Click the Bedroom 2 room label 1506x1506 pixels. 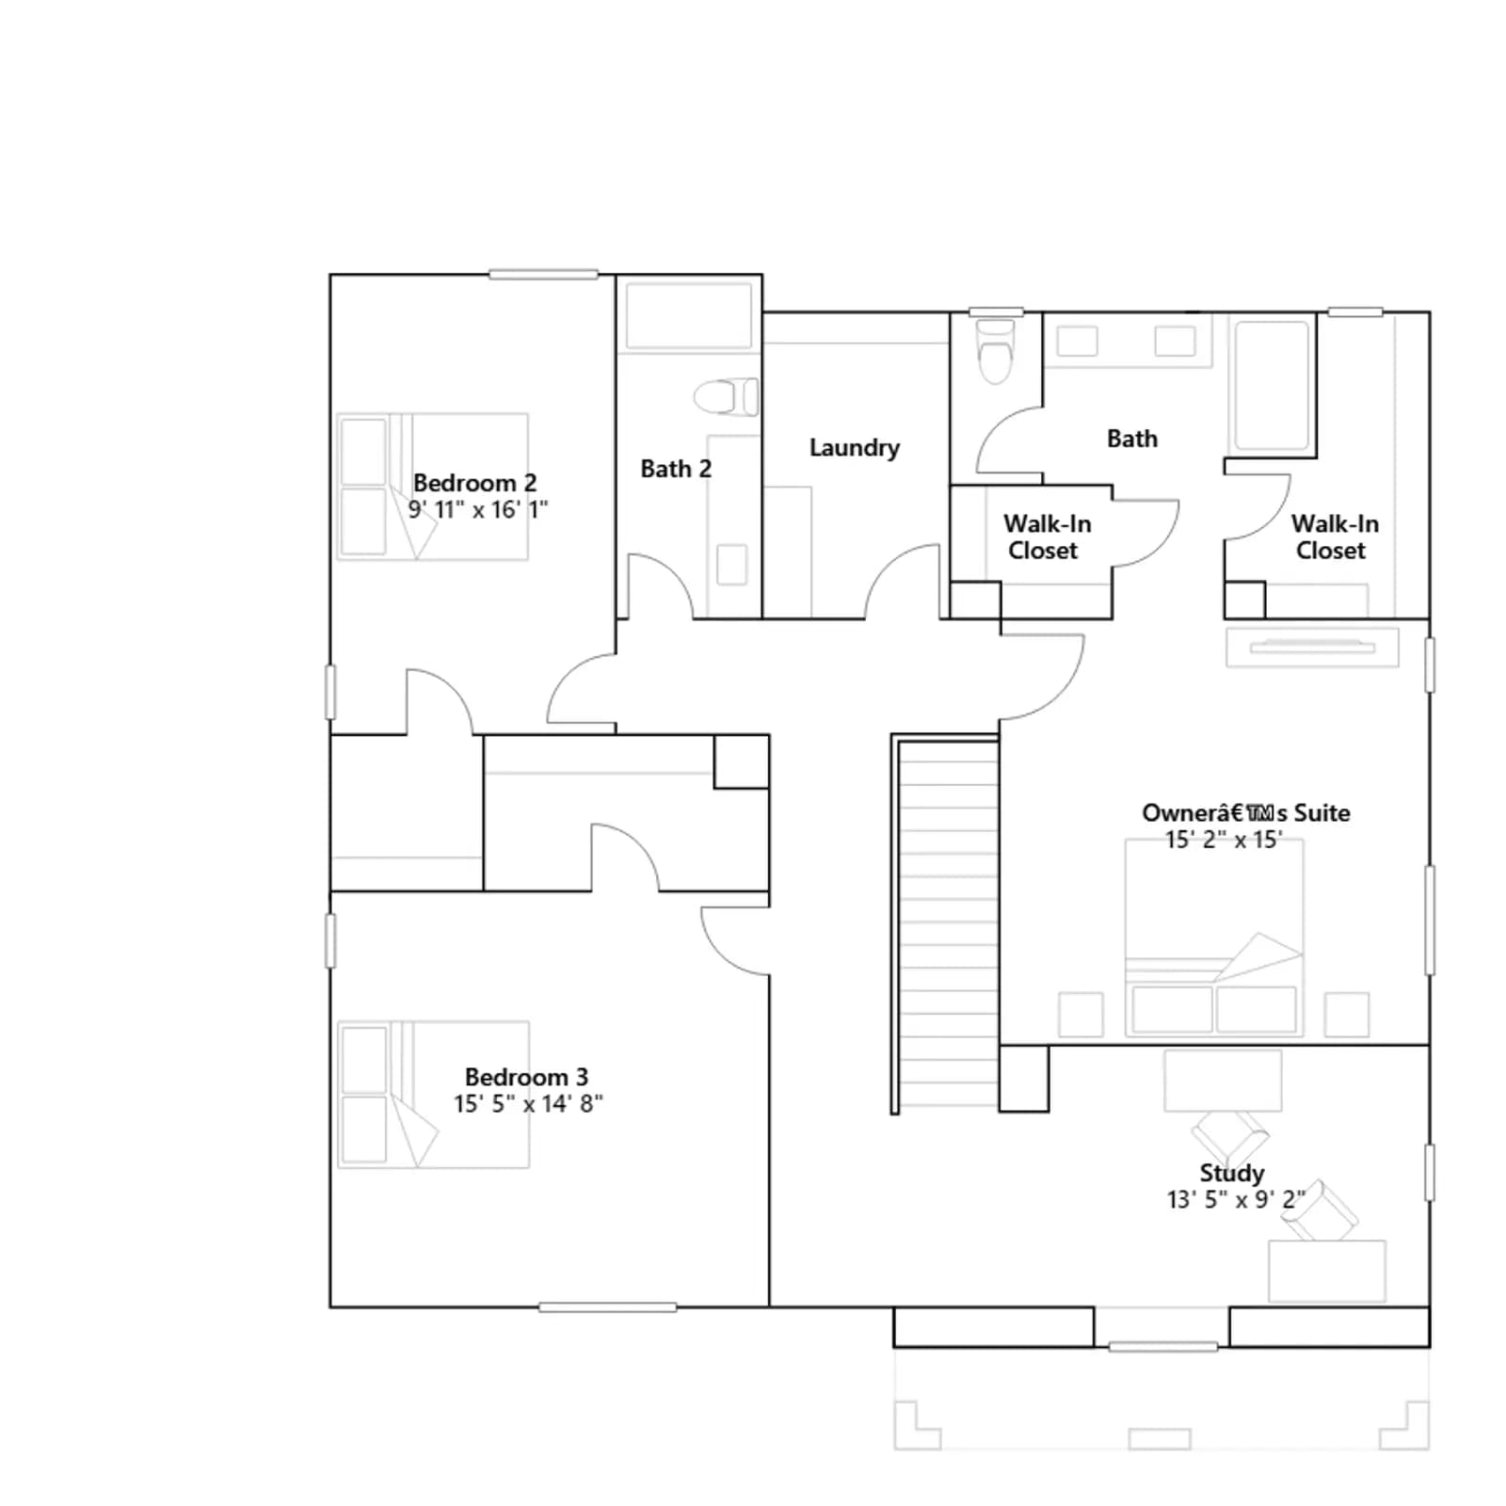[x=474, y=483]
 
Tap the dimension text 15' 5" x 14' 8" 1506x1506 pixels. [x=528, y=1103]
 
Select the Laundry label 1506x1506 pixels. [x=855, y=448]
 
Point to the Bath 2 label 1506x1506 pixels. [x=676, y=469]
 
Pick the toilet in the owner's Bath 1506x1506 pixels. [x=996, y=351]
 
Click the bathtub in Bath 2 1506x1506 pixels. [x=689, y=315]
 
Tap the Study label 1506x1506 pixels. [x=1231, y=1173]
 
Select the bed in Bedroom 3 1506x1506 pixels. [x=433, y=1095]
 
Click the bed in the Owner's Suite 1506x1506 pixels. [x=1214, y=937]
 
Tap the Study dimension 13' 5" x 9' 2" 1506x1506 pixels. [x=1236, y=1199]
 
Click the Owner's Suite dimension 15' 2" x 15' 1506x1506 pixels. [x=1224, y=840]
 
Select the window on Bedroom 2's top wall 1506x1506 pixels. [x=543, y=275]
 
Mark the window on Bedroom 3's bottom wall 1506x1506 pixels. [x=607, y=1306]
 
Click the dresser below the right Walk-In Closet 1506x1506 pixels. [x=1312, y=648]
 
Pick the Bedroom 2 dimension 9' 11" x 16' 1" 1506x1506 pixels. [x=477, y=509]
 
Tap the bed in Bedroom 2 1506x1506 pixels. [x=432, y=487]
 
